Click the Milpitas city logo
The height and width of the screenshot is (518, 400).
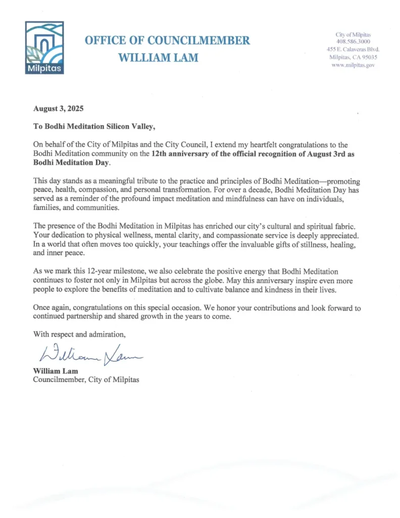(44, 48)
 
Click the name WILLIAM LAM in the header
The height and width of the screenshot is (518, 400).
(158, 58)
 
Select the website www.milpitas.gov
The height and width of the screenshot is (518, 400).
(353, 65)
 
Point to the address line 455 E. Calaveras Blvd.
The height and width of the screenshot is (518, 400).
(353, 50)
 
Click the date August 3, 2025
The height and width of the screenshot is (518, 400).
(58, 109)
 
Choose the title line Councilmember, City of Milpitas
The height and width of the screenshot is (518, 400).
(85, 379)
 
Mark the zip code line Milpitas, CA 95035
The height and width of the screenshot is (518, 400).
(353, 57)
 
